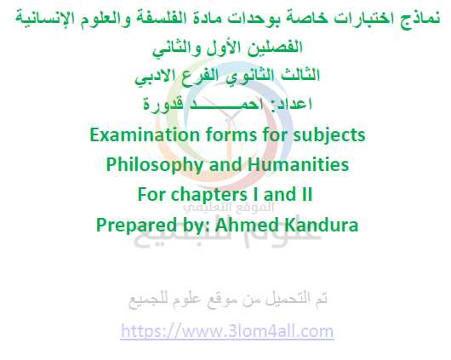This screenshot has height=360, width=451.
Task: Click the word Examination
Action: (145, 134)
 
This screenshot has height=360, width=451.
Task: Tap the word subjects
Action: (329, 136)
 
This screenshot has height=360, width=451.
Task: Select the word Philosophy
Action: (156, 165)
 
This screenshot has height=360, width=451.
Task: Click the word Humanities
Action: (298, 164)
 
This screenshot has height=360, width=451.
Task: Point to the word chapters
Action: (209, 195)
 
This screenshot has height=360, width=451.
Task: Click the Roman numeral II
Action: (307, 194)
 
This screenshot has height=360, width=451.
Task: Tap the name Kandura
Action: (322, 225)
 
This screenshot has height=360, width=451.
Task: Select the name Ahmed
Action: (248, 225)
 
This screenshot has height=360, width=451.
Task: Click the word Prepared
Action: (136, 225)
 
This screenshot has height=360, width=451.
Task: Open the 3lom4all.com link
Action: (227, 331)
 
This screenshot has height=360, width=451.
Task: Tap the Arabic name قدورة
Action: (163, 104)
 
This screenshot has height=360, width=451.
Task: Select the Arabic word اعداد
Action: (289, 104)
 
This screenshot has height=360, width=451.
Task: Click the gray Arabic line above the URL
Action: (227, 300)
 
